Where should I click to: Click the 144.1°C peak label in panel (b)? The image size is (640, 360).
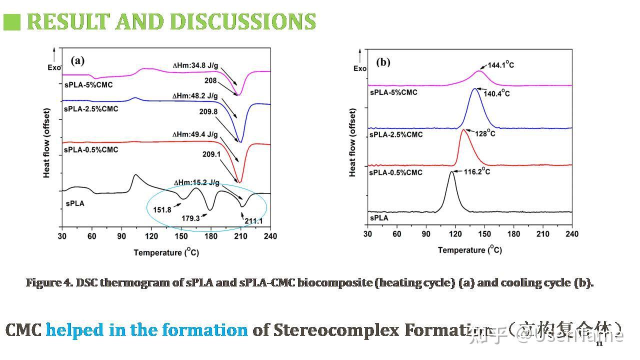click(x=498, y=65)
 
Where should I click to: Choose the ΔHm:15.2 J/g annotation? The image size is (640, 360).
click(x=196, y=182)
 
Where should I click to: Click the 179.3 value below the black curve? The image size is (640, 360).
click(x=190, y=218)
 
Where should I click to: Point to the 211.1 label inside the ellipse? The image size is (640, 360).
click(x=253, y=220)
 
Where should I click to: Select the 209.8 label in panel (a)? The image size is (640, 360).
click(x=208, y=112)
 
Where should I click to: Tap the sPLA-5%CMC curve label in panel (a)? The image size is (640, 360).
click(x=88, y=85)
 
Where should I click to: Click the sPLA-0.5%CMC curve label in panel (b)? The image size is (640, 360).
click(x=396, y=172)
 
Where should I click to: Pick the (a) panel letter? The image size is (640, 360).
click(x=77, y=61)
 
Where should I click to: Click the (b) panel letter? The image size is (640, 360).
click(x=383, y=62)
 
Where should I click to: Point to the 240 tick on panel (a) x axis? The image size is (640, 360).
click(x=270, y=236)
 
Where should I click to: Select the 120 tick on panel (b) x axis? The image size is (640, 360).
click(x=455, y=234)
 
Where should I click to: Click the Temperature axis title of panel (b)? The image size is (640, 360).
click(x=469, y=249)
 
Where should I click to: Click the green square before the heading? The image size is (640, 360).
click(x=12, y=22)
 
